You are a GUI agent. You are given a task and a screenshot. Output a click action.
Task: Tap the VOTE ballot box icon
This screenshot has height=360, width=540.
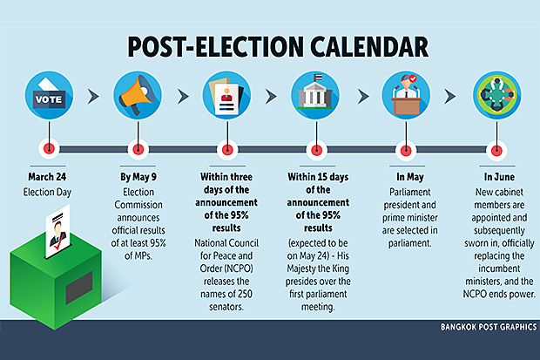tap(49, 95)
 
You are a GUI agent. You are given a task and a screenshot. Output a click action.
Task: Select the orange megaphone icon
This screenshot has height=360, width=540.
tap(138, 95)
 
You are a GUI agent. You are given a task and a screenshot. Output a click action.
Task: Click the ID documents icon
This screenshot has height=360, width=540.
tap(226, 95)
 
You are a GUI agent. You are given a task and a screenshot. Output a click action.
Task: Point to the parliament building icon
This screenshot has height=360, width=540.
tap(315, 95)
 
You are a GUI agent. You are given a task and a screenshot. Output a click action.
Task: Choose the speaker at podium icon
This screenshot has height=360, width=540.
tap(407, 95)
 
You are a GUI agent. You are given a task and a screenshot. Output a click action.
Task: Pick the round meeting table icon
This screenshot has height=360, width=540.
tap(496, 95)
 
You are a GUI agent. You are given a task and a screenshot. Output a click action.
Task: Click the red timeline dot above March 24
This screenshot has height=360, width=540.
tap(49, 149)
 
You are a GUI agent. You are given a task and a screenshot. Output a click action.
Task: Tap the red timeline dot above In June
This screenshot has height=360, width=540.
tap(496, 150)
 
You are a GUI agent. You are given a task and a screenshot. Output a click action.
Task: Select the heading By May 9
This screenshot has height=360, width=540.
tap(138, 177)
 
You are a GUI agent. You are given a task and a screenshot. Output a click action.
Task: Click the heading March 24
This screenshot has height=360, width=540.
tap(47, 177)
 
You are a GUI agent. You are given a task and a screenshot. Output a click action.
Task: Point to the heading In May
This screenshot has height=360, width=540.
tap(410, 177)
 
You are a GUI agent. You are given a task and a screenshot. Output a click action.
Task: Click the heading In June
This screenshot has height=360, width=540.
tap(499, 177)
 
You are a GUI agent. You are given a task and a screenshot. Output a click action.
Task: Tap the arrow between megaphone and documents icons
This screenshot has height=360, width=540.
tap(183, 96)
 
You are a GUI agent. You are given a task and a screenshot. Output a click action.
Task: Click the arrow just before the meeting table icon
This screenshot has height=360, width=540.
tap(450, 96)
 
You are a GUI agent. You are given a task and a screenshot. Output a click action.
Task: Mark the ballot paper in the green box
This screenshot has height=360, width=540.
tap(57, 232)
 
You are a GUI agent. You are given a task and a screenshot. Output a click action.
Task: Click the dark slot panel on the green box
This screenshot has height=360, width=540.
tap(79, 288)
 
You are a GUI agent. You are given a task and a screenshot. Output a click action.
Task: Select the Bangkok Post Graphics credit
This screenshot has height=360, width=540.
tap(489, 327)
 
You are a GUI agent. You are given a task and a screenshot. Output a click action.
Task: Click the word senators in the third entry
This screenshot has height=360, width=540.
tap(226, 307)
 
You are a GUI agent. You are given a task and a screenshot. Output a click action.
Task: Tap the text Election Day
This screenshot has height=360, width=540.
tap(47, 192)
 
